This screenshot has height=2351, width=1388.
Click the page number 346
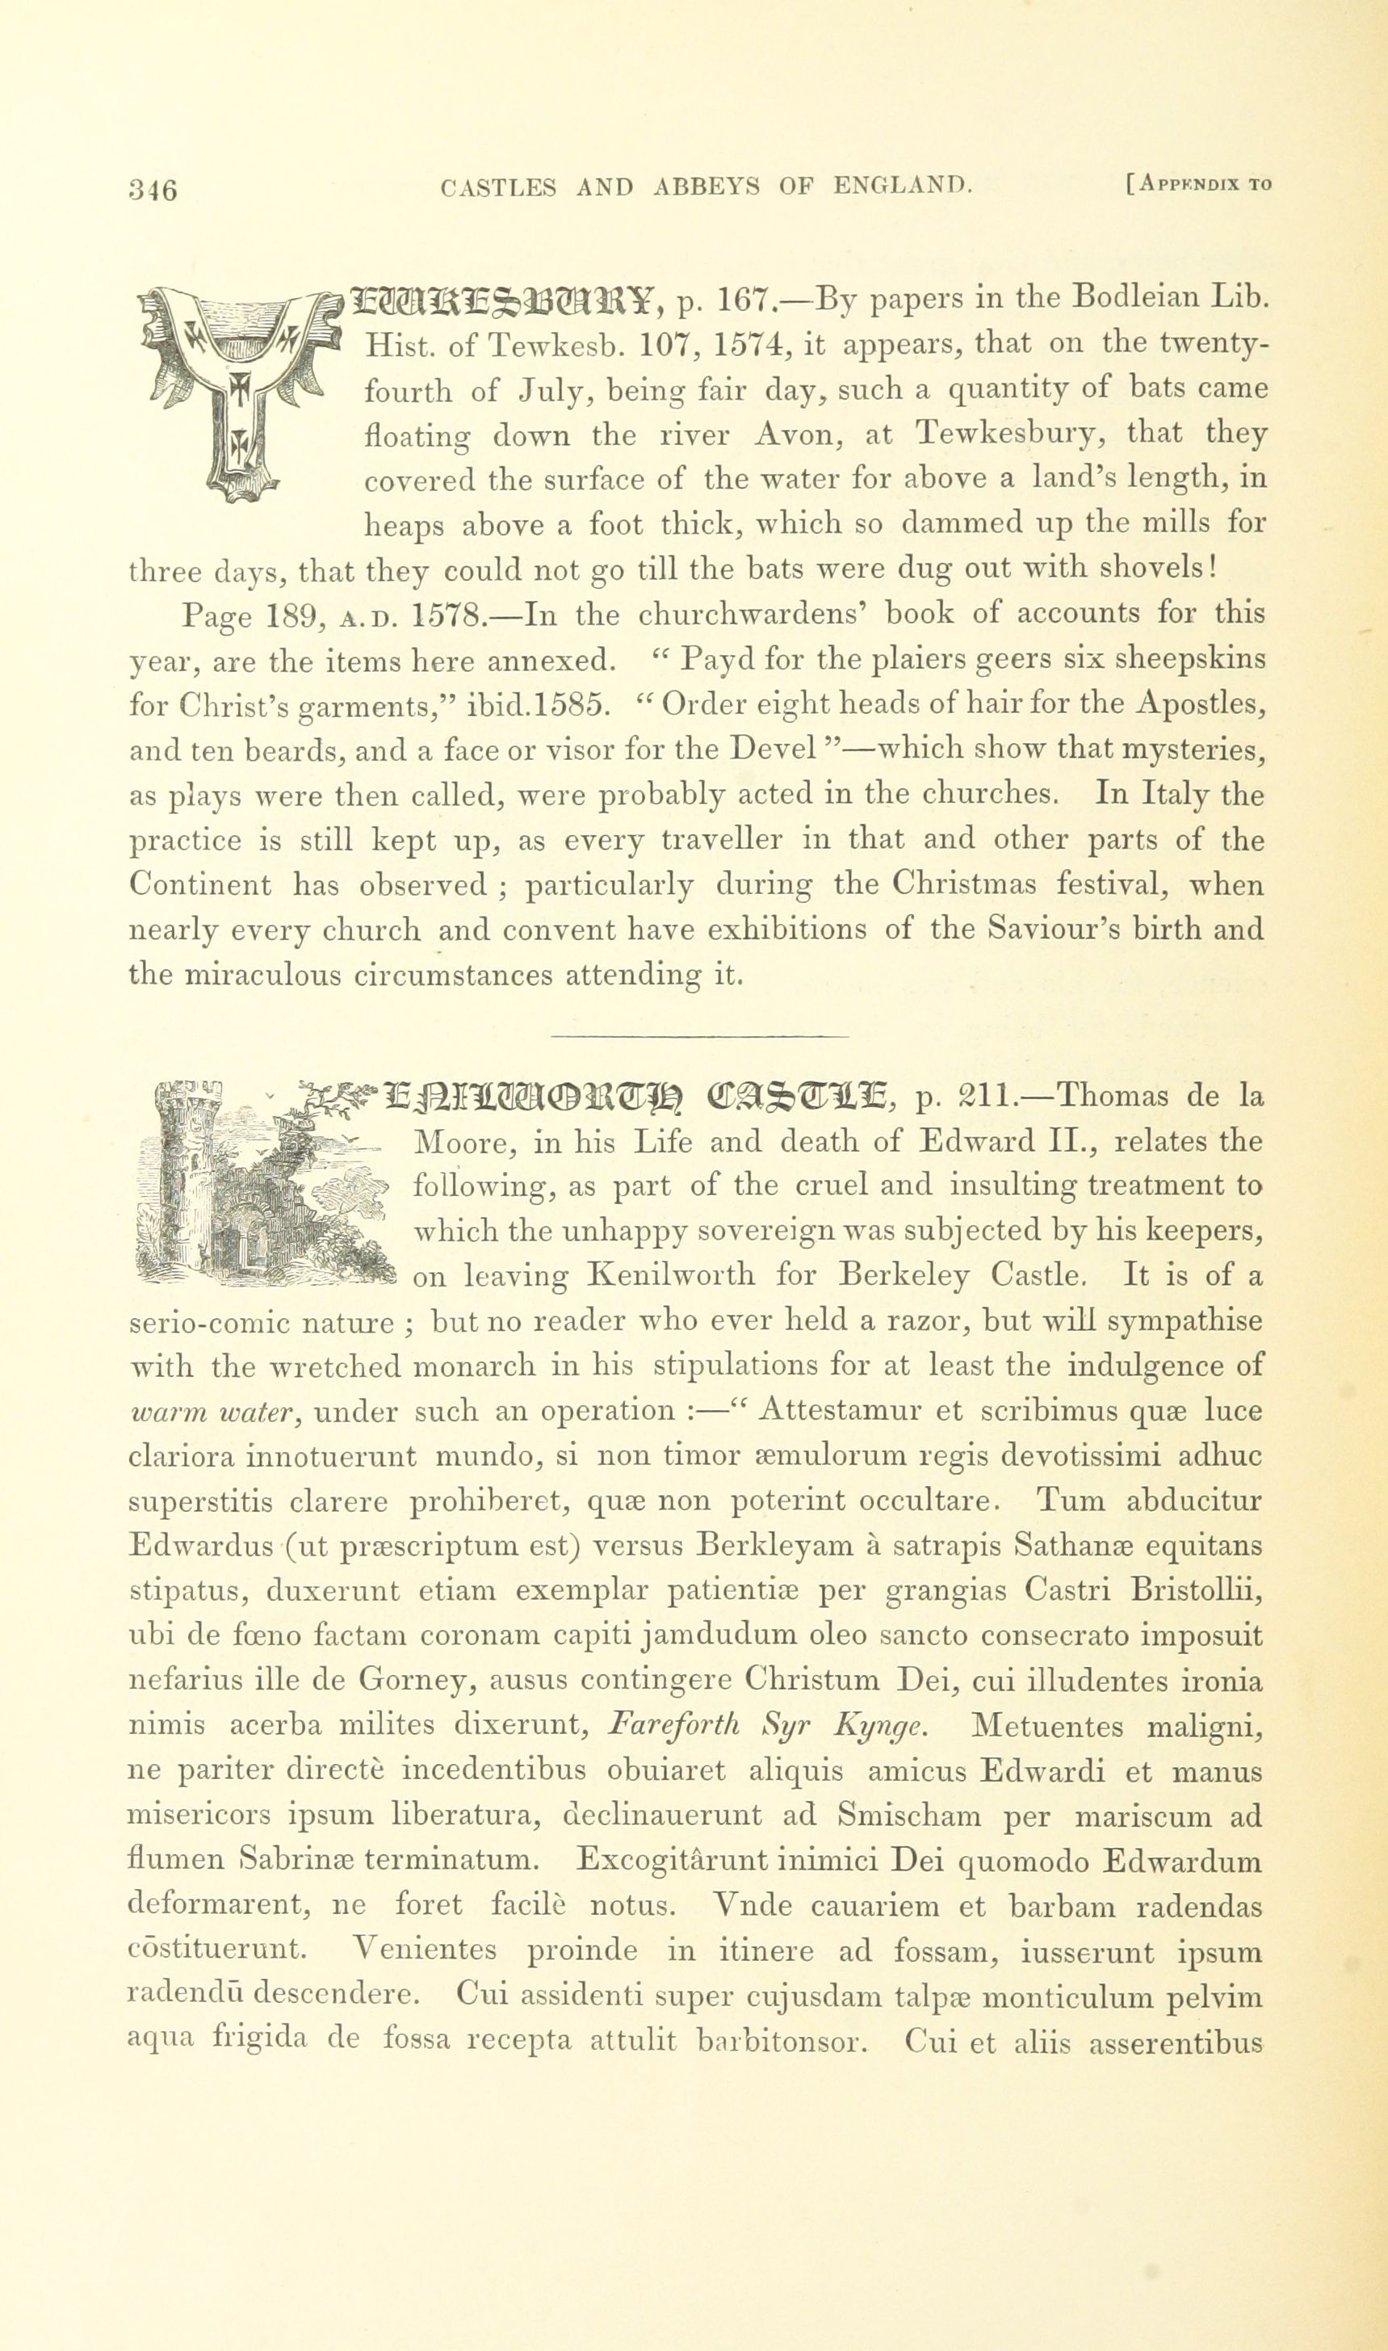[153, 189]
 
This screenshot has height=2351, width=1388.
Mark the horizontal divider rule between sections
[701, 1035]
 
